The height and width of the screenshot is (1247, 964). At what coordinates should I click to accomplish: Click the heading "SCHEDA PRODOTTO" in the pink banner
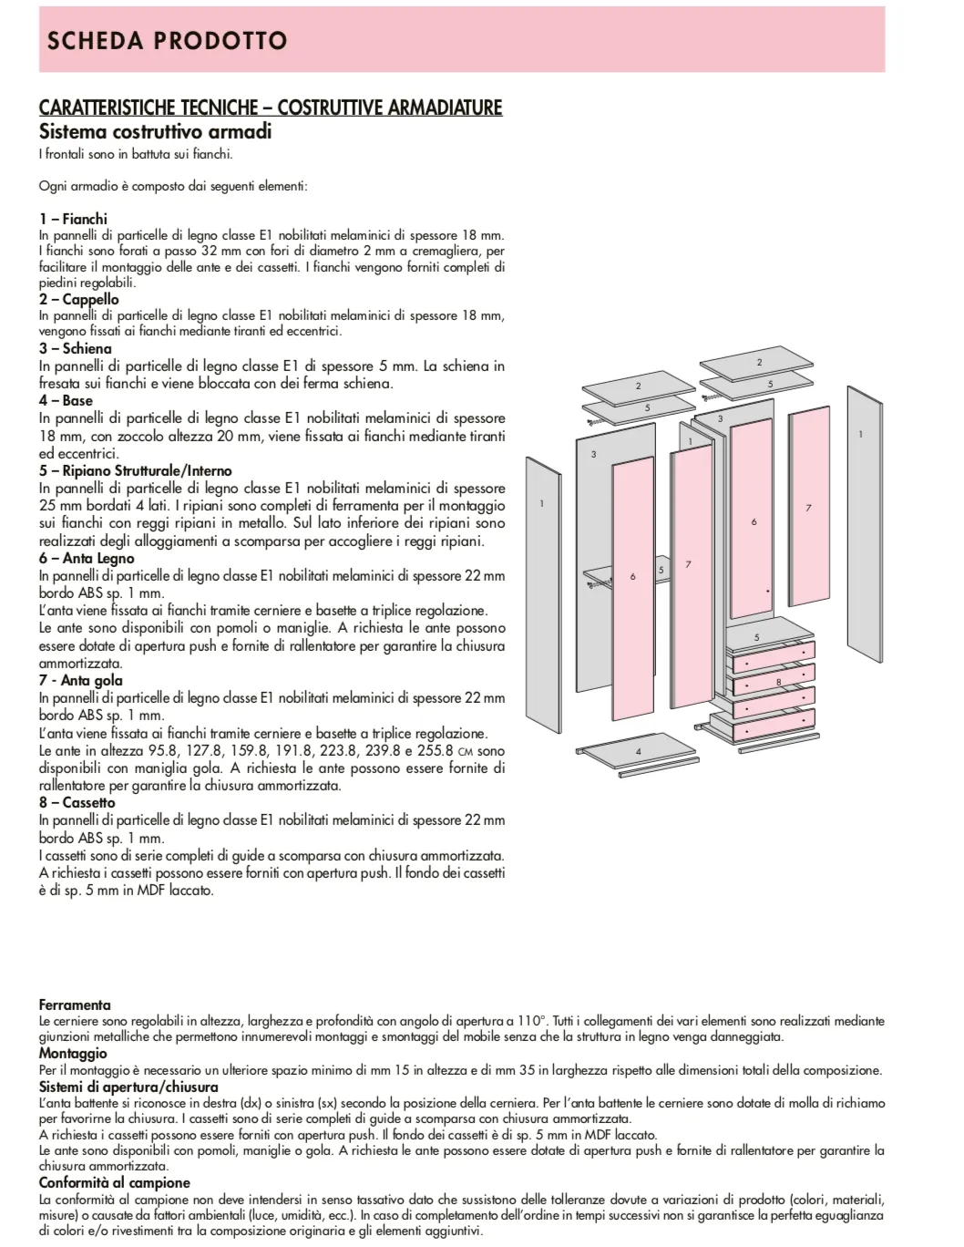click(167, 41)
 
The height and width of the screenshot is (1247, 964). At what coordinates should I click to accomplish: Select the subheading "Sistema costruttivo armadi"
click(155, 131)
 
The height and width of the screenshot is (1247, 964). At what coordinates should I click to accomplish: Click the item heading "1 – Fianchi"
click(73, 219)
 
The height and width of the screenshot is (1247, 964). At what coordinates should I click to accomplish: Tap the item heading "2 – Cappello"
click(78, 299)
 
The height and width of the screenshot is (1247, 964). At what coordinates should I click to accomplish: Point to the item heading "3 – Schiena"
click(75, 348)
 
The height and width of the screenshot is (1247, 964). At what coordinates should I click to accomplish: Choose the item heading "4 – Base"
click(66, 400)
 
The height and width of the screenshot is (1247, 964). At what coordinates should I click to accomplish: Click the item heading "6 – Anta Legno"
click(87, 559)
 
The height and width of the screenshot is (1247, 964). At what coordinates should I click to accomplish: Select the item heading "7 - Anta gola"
click(80, 680)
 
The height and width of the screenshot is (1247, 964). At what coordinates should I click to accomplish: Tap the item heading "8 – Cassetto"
click(77, 802)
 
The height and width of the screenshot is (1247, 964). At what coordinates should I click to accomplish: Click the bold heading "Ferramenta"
click(75, 1005)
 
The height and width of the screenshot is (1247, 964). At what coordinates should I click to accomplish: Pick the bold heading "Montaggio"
click(73, 1054)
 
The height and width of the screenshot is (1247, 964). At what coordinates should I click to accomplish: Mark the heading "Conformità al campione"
click(115, 1182)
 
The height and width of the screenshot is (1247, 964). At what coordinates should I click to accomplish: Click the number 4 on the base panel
click(638, 751)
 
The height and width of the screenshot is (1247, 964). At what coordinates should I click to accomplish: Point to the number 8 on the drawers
click(778, 682)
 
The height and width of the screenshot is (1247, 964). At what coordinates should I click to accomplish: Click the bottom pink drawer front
click(773, 728)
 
